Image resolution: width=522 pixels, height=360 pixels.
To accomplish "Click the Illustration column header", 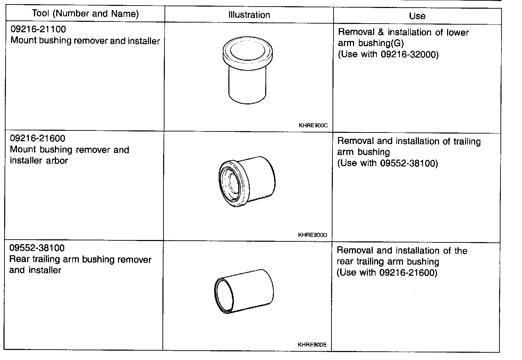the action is point(249,15).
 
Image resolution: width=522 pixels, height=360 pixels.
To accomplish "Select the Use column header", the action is point(417,16).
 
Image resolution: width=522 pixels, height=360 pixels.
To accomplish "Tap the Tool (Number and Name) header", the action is point(85,14).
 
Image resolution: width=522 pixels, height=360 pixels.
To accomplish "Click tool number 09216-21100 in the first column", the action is point(38,29).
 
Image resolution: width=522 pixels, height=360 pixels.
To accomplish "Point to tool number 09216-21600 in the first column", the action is point(37,139).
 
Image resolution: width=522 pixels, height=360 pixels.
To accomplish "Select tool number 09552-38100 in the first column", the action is point(37,248).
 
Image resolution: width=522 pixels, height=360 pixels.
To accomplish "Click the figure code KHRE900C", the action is point(313,125).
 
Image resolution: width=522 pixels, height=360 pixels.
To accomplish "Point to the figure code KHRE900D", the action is point(312,235).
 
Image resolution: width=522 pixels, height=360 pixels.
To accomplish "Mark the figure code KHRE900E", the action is point(312,345).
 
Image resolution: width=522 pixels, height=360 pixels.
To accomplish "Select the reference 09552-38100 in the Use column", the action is point(408,163).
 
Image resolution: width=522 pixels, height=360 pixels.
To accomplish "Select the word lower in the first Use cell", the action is point(458,33).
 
